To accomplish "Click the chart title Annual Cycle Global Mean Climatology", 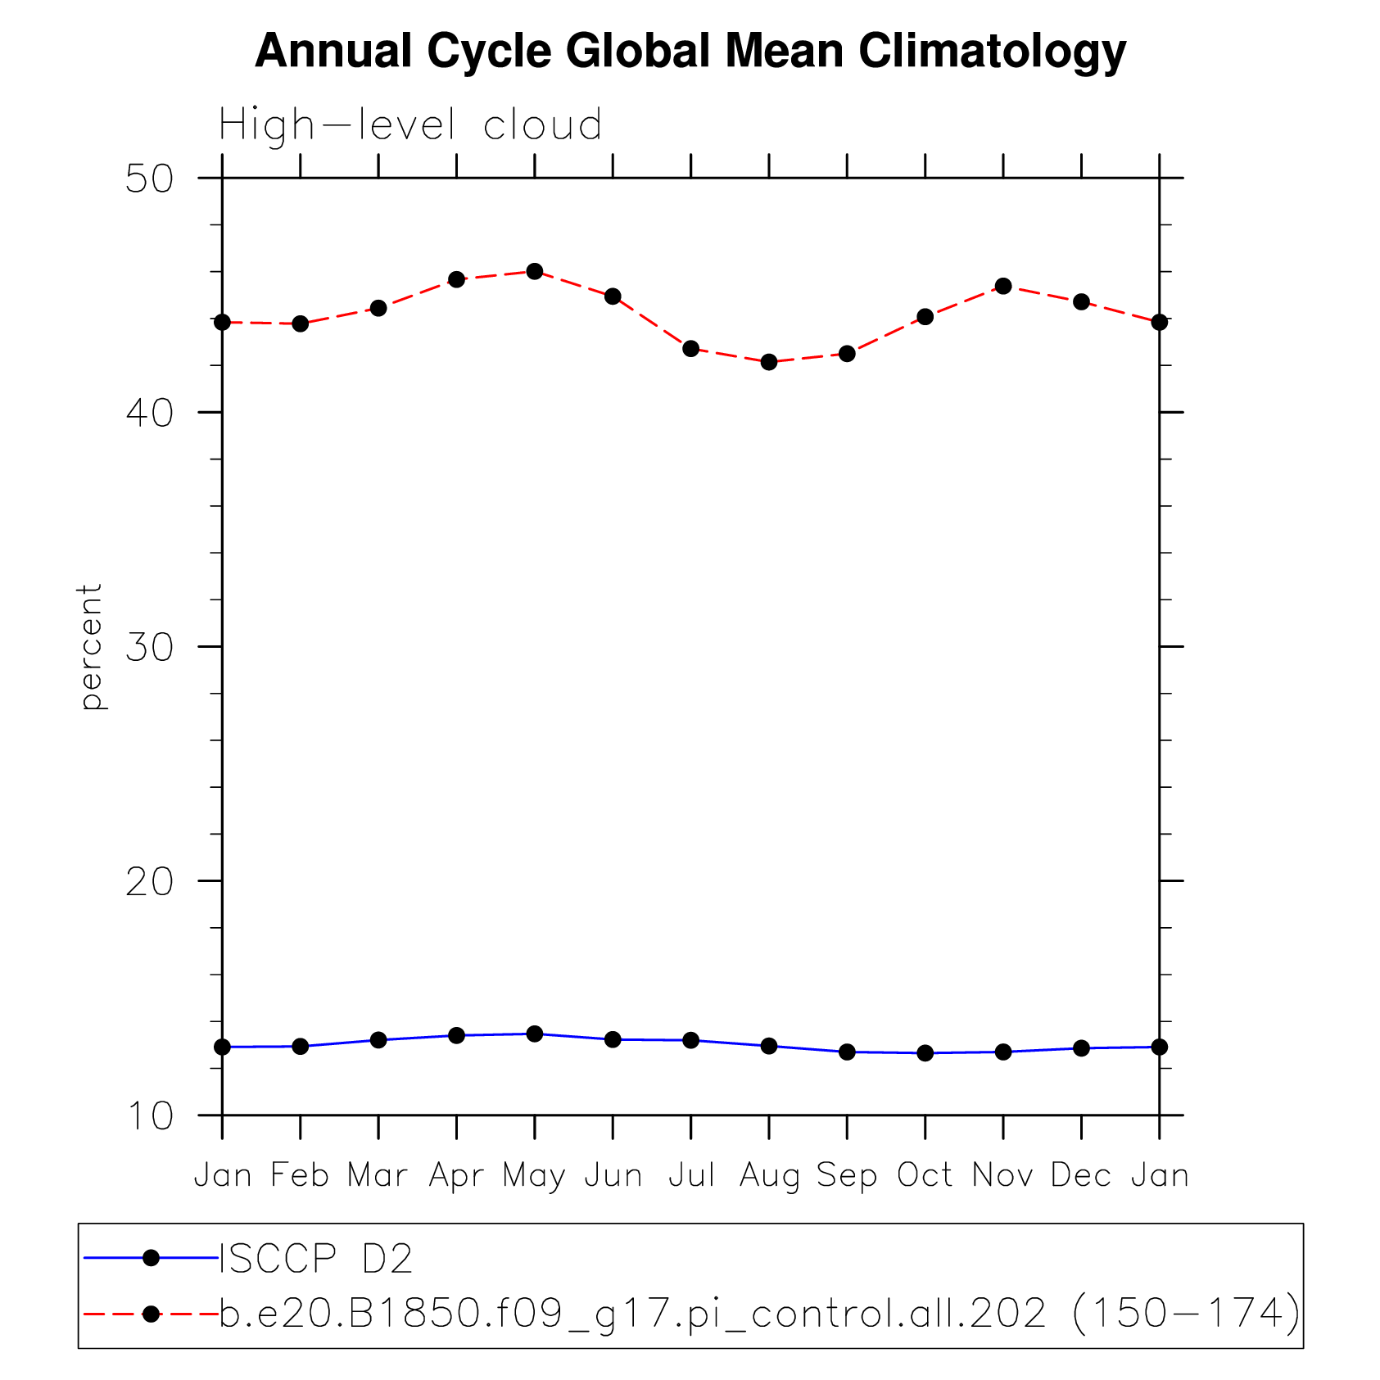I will pos(690,52).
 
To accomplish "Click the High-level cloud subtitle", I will pos(410,125).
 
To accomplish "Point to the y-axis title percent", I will pos(91,646).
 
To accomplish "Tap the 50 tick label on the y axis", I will pos(149,179).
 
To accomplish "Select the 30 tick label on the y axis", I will pos(149,647).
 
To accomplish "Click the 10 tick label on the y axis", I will pos(149,1115).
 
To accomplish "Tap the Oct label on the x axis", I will pos(925,1175).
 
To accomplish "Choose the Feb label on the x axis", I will pos(300,1175).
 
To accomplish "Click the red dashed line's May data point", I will pos(535,271).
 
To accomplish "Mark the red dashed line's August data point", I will pos(769,362).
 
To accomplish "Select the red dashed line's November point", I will pos(1003,286).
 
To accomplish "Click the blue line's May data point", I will pos(535,1034).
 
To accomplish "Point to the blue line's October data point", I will pos(925,1053).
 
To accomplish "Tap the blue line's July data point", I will pos(691,1040).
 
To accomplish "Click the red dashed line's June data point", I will pos(613,296).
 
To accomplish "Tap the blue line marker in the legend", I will pos(151,1258).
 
